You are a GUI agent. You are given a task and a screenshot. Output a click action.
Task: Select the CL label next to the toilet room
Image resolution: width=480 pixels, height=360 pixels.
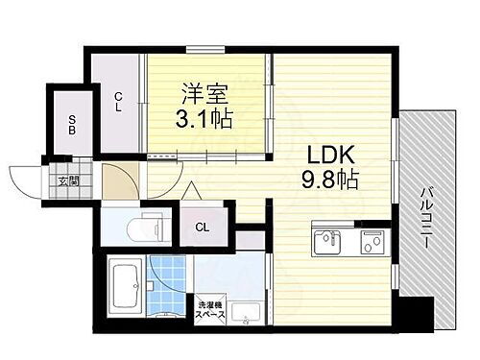[203, 227]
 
